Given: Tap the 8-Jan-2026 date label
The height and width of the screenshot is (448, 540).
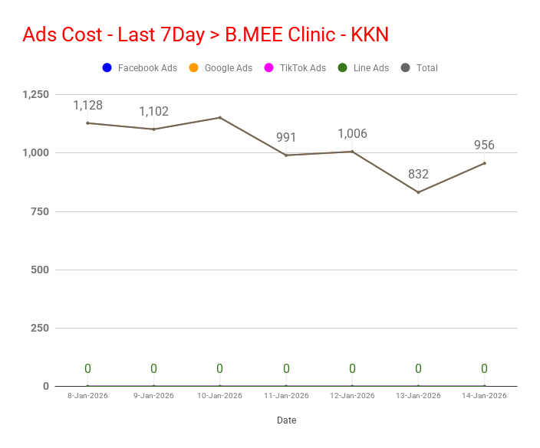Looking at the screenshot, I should pyautogui.click(x=87, y=396).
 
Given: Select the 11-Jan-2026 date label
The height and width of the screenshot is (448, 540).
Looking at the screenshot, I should pyautogui.click(x=286, y=396).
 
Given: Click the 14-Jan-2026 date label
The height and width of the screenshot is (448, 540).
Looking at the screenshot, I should pyautogui.click(x=484, y=396).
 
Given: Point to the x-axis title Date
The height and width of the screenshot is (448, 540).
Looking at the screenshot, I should pyautogui.click(x=286, y=420).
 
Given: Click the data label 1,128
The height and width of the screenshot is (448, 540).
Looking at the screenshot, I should pyautogui.click(x=87, y=106).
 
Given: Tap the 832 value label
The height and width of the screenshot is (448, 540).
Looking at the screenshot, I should pyautogui.click(x=418, y=175).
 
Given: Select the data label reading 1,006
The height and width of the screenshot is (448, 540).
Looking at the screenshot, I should pyautogui.click(x=352, y=134).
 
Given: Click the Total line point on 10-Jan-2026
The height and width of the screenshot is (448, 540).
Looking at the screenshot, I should pyautogui.click(x=219, y=117).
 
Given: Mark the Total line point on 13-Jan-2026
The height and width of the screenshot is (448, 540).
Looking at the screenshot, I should pyautogui.click(x=418, y=192).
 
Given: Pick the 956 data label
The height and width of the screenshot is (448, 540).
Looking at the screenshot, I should pyautogui.click(x=484, y=146).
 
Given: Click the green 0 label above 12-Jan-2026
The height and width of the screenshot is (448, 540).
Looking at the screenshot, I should pyautogui.click(x=352, y=369).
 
